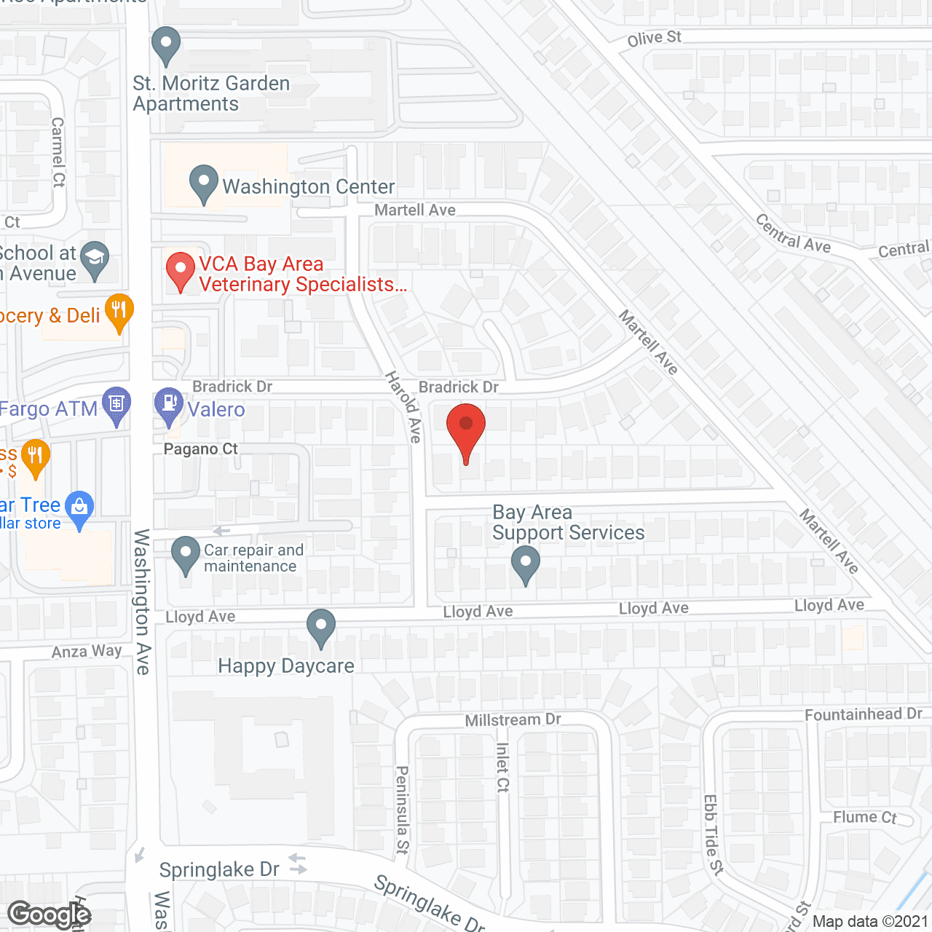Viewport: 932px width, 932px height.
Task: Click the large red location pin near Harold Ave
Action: click(x=465, y=430)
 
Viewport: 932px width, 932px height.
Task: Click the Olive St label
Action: click(x=654, y=38)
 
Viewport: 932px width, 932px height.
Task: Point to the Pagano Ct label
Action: click(x=200, y=449)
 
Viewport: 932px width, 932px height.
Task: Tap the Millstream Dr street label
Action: click(x=513, y=720)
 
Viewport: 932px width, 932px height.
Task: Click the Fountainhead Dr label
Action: click(x=863, y=714)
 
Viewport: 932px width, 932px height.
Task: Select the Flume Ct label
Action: click(x=864, y=818)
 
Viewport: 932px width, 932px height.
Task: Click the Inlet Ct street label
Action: click(x=502, y=767)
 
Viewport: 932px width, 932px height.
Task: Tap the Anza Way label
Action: click(x=86, y=651)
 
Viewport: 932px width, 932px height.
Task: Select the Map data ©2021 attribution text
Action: click(x=870, y=922)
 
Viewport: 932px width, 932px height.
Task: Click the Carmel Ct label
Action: click(x=58, y=152)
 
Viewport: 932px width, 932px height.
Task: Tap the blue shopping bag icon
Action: click(x=79, y=507)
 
